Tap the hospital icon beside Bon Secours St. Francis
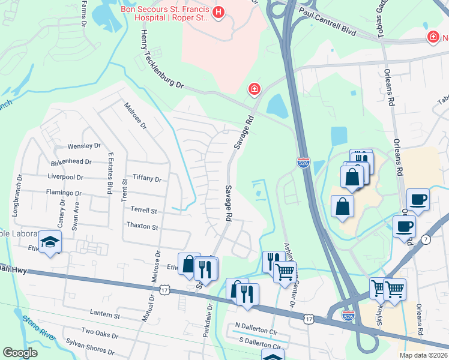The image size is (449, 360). pyautogui.click(x=218, y=11)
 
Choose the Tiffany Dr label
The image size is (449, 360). pyautogui.click(x=147, y=179)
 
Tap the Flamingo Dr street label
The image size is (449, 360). pyautogui.click(x=64, y=193)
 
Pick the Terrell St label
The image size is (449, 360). pyautogui.click(x=143, y=211)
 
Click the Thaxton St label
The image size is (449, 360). pyautogui.click(x=142, y=227)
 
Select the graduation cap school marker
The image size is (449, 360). pyautogui.click(x=49, y=242)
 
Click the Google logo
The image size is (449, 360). pyautogui.click(x=20, y=353)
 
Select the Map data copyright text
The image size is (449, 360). pyautogui.click(x=423, y=355)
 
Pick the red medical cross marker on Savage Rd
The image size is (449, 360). pyautogui.click(x=255, y=89)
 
